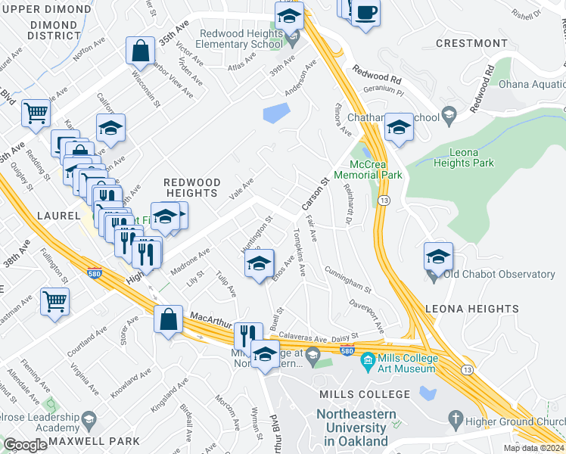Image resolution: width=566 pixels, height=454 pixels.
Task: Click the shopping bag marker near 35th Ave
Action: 140,52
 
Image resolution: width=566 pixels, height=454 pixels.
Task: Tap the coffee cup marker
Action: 366,14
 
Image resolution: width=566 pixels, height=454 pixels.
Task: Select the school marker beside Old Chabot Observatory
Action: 438,257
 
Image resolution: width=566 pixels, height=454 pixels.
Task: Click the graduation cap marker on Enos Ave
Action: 259,265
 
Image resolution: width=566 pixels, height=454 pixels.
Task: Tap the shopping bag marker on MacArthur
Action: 168,319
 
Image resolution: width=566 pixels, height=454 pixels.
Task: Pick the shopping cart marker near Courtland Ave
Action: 55,301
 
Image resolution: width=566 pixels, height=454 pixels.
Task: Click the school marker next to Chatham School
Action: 398,128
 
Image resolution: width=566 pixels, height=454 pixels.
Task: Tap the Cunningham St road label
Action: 347,280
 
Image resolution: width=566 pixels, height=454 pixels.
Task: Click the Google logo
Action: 25,445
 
